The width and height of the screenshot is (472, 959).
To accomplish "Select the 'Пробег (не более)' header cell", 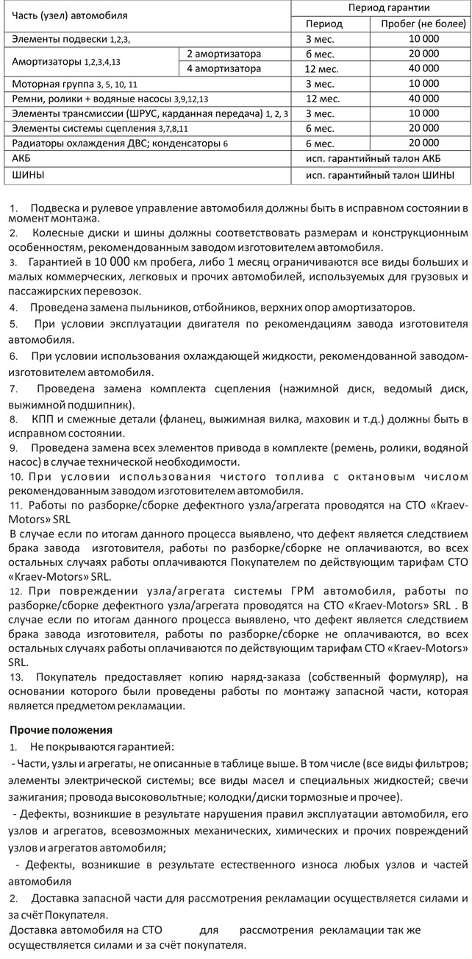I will coord(419,24).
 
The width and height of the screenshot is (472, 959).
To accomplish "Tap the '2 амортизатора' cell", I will coord(224,54).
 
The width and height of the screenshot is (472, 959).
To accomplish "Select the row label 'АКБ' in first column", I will coord(22,158).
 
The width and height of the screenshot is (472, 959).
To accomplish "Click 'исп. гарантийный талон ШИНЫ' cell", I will coord(379,175).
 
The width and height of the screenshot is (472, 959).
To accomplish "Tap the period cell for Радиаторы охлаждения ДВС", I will coord(321,144).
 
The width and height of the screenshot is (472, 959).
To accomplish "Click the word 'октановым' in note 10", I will coord(365,478).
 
